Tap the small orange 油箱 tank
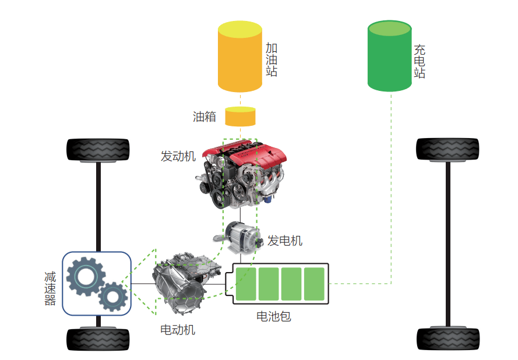tap(240, 117)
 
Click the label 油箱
tap(205, 117)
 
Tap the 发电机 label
tap(285, 241)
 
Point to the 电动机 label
tap(178, 330)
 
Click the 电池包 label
tap(274, 317)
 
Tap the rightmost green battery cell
tap(314, 284)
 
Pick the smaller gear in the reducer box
tap(112, 297)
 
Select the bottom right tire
tap(448, 338)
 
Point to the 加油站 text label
tap(272, 59)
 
